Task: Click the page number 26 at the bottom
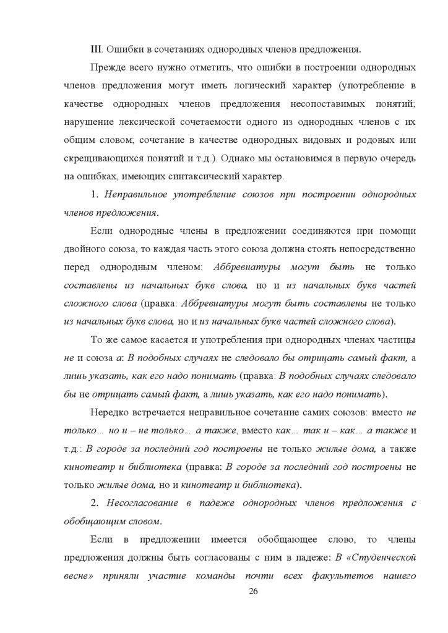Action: point(252,592)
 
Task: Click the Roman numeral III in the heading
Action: point(96,49)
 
